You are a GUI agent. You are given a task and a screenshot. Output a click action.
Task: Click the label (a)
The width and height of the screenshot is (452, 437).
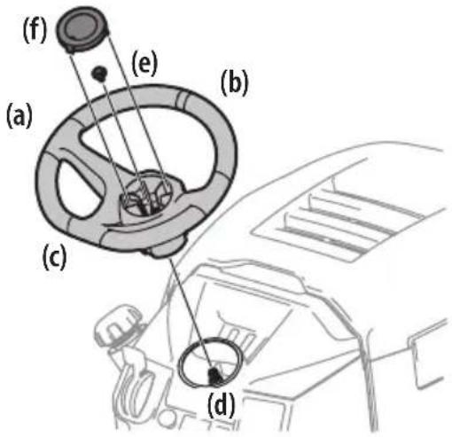(x=20, y=115)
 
